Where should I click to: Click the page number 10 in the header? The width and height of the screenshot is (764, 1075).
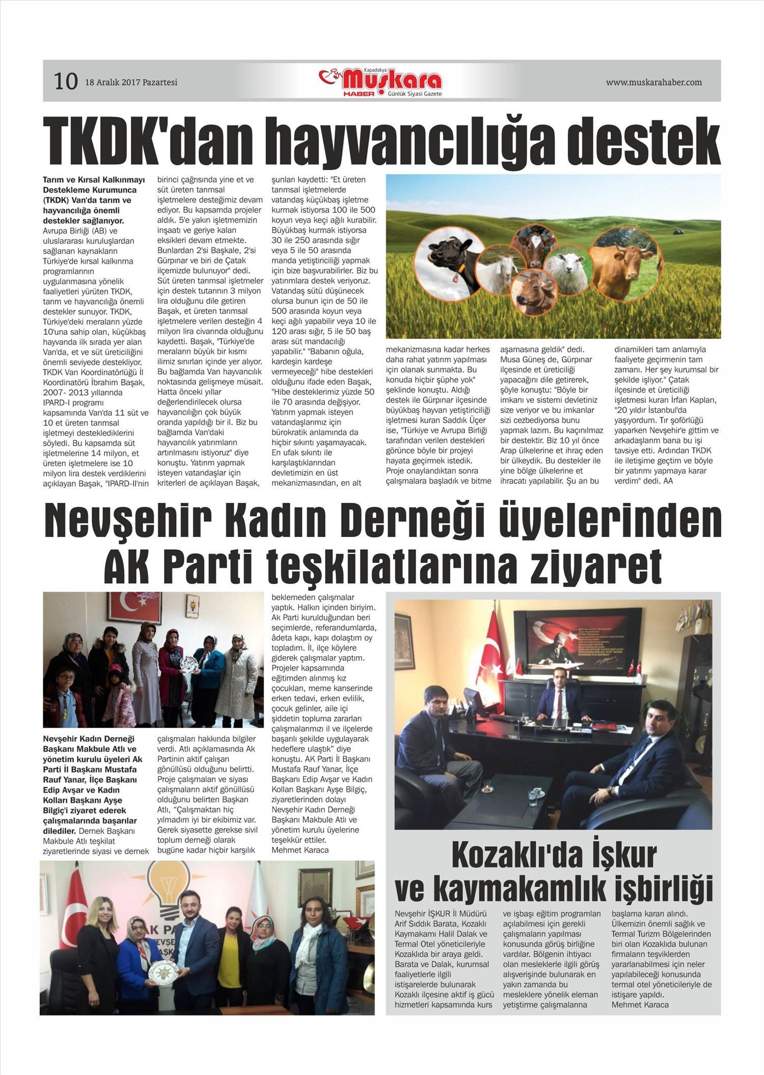(66, 82)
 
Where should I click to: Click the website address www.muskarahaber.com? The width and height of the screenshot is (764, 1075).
(653, 82)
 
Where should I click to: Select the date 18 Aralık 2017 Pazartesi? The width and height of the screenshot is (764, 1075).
(131, 82)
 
